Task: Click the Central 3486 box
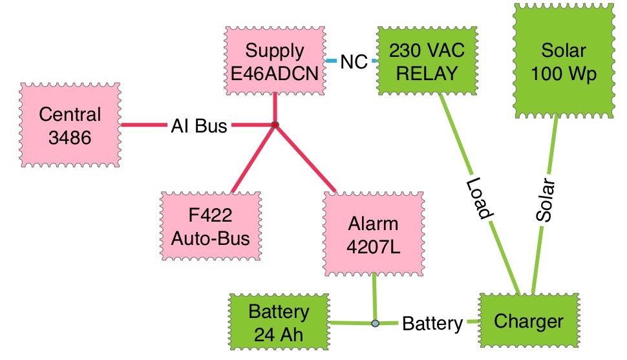(70, 125)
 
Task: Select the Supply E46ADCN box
(275, 62)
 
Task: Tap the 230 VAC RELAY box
(426, 62)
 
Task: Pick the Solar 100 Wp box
(563, 62)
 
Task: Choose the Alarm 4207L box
(374, 235)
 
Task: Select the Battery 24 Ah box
(279, 324)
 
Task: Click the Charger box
(529, 322)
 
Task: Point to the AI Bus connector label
(199, 126)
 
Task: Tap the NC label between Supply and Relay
(354, 62)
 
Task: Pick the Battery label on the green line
(432, 323)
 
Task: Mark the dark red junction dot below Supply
(275, 125)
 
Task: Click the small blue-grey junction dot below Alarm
(375, 323)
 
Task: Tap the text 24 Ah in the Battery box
(279, 335)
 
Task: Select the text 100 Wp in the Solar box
(563, 74)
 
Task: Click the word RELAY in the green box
(426, 73)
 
